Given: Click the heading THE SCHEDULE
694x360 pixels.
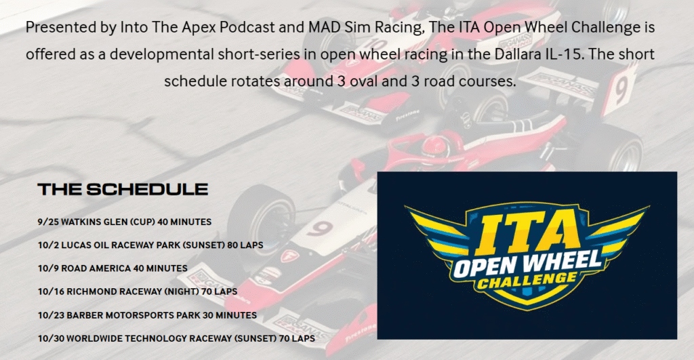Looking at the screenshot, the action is (123, 189).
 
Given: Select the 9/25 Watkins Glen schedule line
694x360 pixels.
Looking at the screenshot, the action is (125, 222).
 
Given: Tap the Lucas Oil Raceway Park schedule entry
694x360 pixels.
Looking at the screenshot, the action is (150, 245).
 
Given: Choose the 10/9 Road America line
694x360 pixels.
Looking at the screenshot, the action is (113, 268).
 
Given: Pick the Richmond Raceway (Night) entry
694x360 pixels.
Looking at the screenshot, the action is (138, 292).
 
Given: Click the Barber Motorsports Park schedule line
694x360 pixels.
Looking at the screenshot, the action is (147, 315).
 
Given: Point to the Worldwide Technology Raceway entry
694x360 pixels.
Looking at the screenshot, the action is (177, 338).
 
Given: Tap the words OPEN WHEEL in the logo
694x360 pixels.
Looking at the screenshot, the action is (527, 264).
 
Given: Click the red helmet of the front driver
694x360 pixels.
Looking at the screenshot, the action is (434, 147).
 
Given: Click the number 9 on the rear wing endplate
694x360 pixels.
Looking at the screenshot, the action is (620, 90).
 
